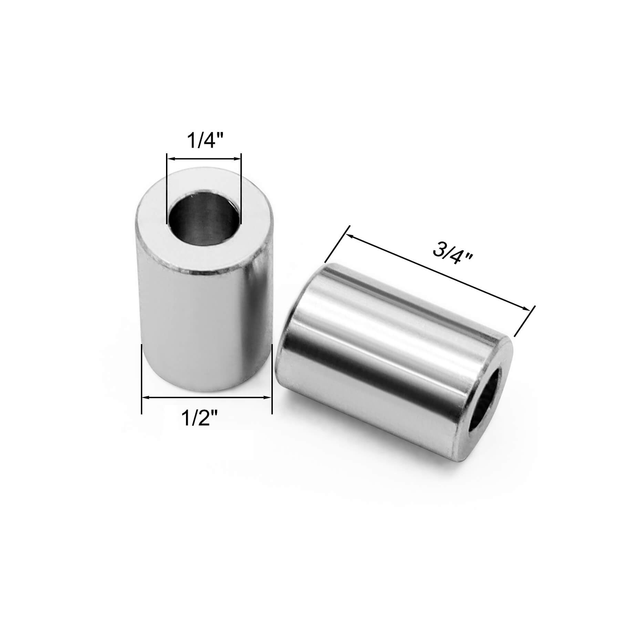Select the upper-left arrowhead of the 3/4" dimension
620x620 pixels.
click(350, 236)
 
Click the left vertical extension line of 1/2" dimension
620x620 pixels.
click(142, 379)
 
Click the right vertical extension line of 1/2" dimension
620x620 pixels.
click(272, 379)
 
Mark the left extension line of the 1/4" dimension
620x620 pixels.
click(166, 186)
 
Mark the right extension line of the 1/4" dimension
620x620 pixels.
click(241, 186)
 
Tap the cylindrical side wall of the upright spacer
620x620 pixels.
click(203, 327)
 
